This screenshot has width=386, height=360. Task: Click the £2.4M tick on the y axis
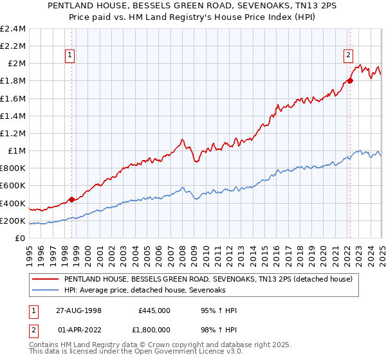tap(14, 29)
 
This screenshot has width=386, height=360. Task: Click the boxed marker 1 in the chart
tap(69, 55)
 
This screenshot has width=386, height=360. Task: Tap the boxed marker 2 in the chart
tap(348, 55)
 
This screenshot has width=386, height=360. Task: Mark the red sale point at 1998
tap(71, 199)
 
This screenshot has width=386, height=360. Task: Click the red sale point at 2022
tap(350, 81)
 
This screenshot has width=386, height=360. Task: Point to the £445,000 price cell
tap(154, 310)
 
